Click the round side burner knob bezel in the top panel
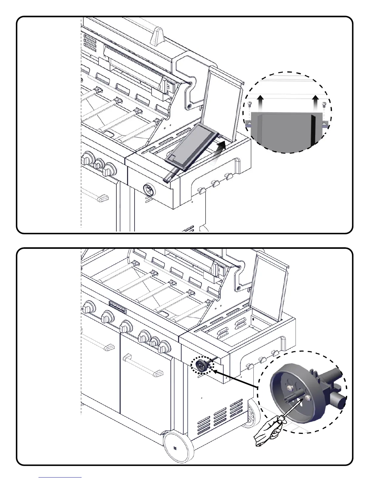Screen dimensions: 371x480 pos(149,190)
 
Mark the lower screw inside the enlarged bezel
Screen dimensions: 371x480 pos(308,397)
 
